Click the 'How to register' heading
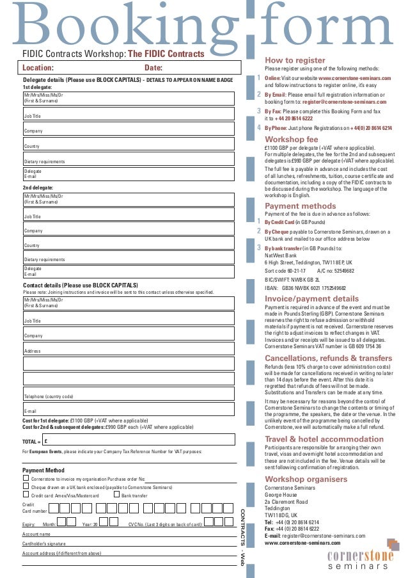pyautogui.click(x=295, y=60)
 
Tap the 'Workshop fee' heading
pyautogui.click(x=291, y=139)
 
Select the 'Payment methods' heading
pyautogui.click(x=300, y=206)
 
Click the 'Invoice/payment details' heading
pyautogui.click(x=311, y=298)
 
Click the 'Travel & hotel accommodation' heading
pyautogui.click(x=324, y=439)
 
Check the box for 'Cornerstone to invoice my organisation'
pyautogui.click(x=26, y=478)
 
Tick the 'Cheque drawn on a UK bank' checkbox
pyautogui.click(x=26, y=486)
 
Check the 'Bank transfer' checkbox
pyautogui.click(x=116, y=494)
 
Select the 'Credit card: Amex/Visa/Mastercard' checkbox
pyautogui.click(x=26, y=494)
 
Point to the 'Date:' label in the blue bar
pyautogui.click(x=153, y=67)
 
